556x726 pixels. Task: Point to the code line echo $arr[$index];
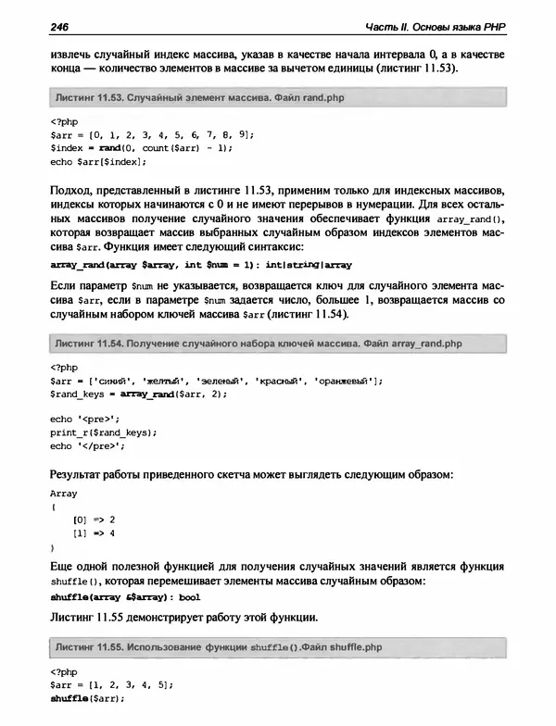[x=98, y=160]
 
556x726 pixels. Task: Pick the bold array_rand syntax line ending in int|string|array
[x=200, y=264]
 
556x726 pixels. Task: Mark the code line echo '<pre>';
[x=85, y=419]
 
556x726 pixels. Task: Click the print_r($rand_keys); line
[x=103, y=432]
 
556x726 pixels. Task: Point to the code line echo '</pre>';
[x=87, y=444]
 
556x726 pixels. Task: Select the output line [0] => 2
[x=93, y=520]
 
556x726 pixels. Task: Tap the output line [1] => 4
[x=93, y=533]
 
